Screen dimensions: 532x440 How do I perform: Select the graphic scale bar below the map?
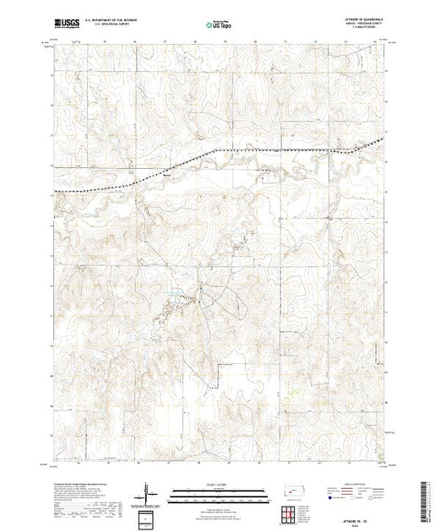(x=211, y=497)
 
